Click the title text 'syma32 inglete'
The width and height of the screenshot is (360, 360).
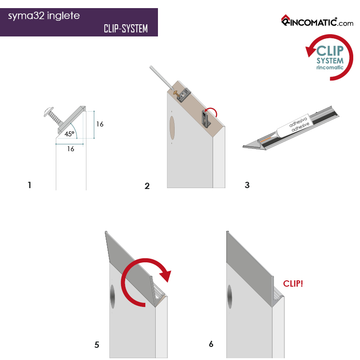pyautogui.click(x=44, y=16)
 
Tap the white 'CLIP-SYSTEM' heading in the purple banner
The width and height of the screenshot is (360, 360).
pyautogui.click(x=126, y=29)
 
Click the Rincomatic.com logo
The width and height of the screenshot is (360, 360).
pyautogui.click(x=317, y=21)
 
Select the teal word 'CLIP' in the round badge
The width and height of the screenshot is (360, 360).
pyautogui.click(x=330, y=51)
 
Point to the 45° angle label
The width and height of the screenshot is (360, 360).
pyautogui.click(x=69, y=134)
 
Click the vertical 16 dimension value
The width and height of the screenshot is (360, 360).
pyautogui.click(x=99, y=124)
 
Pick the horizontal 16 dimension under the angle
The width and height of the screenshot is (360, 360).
pyautogui.click(x=71, y=149)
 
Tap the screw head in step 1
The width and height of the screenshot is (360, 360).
pyautogui.click(x=48, y=112)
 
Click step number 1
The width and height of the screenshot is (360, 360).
pyautogui.click(x=29, y=185)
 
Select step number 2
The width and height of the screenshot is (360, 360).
pyautogui.click(x=147, y=186)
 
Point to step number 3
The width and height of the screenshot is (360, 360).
pyautogui.click(x=247, y=185)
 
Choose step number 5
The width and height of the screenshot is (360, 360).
pyautogui.click(x=97, y=345)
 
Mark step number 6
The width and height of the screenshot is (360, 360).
pyautogui.click(x=211, y=344)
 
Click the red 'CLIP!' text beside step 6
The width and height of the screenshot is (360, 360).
pyautogui.click(x=293, y=283)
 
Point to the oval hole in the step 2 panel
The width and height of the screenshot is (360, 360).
pyautogui.click(x=172, y=128)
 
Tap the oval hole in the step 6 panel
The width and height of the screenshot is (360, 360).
pyautogui.click(x=229, y=297)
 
